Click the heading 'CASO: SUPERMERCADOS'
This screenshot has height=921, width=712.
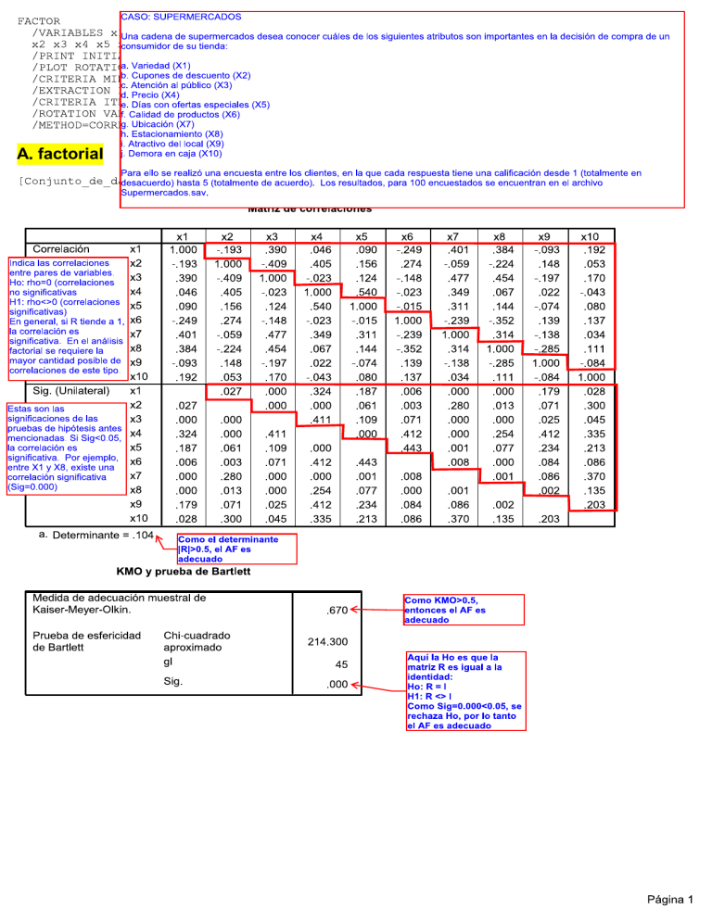[x=182, y=17]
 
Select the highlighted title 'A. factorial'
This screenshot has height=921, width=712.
[x=60, y=153]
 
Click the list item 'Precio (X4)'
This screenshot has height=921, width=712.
[x=156, y=95]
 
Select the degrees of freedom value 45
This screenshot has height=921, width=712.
[x=339, y=664]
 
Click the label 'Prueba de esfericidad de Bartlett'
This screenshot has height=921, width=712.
[x=87, y=640]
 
